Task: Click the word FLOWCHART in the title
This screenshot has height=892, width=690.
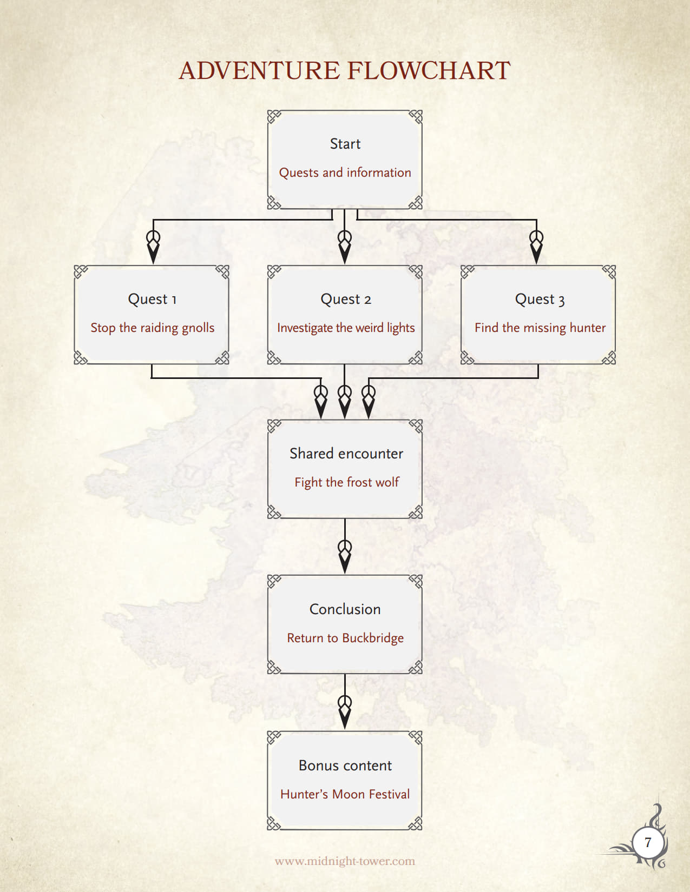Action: (429, 71)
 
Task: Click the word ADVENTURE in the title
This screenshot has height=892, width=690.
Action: (259, 71)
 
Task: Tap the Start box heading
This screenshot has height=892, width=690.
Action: (345, 144)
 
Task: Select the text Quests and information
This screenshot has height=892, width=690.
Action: (345, 172)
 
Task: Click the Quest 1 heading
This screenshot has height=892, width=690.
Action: (152, 299)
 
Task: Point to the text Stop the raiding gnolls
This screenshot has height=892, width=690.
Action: (153, 328)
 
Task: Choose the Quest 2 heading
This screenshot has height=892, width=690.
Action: (346, 299)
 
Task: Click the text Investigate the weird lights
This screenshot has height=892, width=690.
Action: (346, 328)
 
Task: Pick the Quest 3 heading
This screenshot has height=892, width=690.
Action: (540, 299)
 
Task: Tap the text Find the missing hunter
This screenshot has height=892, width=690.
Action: (540, 328)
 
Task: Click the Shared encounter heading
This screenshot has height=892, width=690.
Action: (346, 453)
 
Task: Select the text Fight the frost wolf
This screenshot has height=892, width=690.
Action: (346, 482)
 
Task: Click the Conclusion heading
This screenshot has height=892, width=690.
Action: (345, 609)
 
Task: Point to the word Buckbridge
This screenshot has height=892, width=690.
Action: (373, 638)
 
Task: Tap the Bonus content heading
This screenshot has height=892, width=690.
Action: (345, 765)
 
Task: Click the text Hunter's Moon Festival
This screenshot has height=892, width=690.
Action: (345, 794)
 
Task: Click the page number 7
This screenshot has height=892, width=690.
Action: (648, 843)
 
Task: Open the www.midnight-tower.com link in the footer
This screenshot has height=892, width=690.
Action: (345, 861)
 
